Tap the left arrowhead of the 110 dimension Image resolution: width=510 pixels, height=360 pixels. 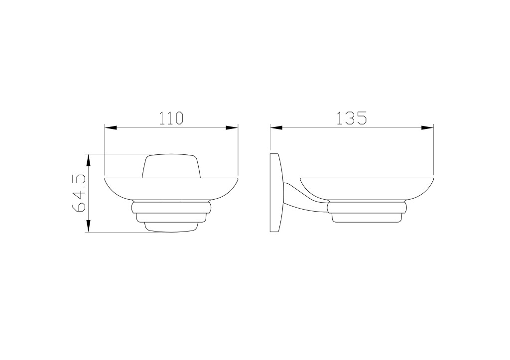(110, 128)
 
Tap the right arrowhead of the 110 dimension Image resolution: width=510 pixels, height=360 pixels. (232, 128)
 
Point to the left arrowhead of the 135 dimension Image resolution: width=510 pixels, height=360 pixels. (276, 128)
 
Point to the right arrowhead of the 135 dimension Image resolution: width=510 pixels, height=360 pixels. (428, 128)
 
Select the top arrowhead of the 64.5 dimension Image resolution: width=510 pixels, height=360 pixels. (88, 160)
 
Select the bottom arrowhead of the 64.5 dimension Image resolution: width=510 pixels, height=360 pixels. (88, 226)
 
